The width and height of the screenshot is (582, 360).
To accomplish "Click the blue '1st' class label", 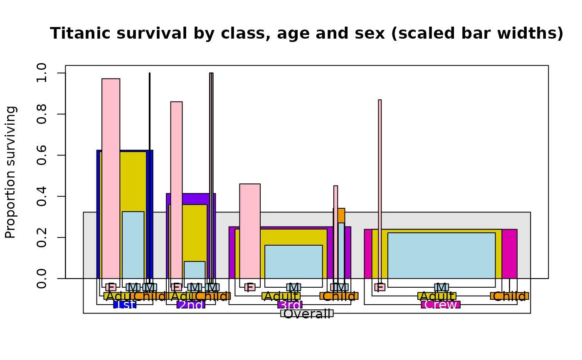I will pyautogui.click(x=125, y=305).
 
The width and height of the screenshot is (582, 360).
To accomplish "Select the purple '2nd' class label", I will pyautogui.click(x=191, y=305).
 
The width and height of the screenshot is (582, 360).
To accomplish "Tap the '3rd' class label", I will pyautogui.click(x=290, y=305).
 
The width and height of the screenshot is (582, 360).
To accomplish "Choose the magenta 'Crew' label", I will pyautogui.click(x=441, y=305).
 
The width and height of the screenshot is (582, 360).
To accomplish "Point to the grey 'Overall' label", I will pyautogui.click(x=307, y=313).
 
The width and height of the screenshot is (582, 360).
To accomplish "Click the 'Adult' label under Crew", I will pyautogui.click(x=437, y=296).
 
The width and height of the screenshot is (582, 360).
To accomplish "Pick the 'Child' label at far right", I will pyautogui.click(x=509, y=296).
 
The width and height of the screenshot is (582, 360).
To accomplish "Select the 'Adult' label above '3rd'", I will pyautogui.click(x=281, y=296).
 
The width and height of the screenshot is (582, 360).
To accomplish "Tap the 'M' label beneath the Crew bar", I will pyautogui.click(x=441, y=287).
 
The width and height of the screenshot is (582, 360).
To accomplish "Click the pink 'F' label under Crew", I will pyautogui.click(x=380, y=287).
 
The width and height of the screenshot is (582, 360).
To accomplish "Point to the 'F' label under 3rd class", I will pyautogui.click(x=250, y=287).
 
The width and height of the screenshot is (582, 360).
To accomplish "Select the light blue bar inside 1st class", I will pyautogui.click(x=133, y=245).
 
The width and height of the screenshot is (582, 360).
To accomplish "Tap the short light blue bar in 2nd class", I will pyautogui.click(x=195, y=270).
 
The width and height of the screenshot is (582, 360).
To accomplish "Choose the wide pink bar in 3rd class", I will pyautogui.click(x=250, y=231).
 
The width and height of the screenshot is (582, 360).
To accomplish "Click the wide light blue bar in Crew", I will pyautogui.click(x=441, y=256).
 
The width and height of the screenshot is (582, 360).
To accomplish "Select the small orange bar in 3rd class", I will pyautogui.click(x=341, y=215).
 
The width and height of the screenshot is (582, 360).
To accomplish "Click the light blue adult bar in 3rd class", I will pyautogui.click(x=293, y=262).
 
